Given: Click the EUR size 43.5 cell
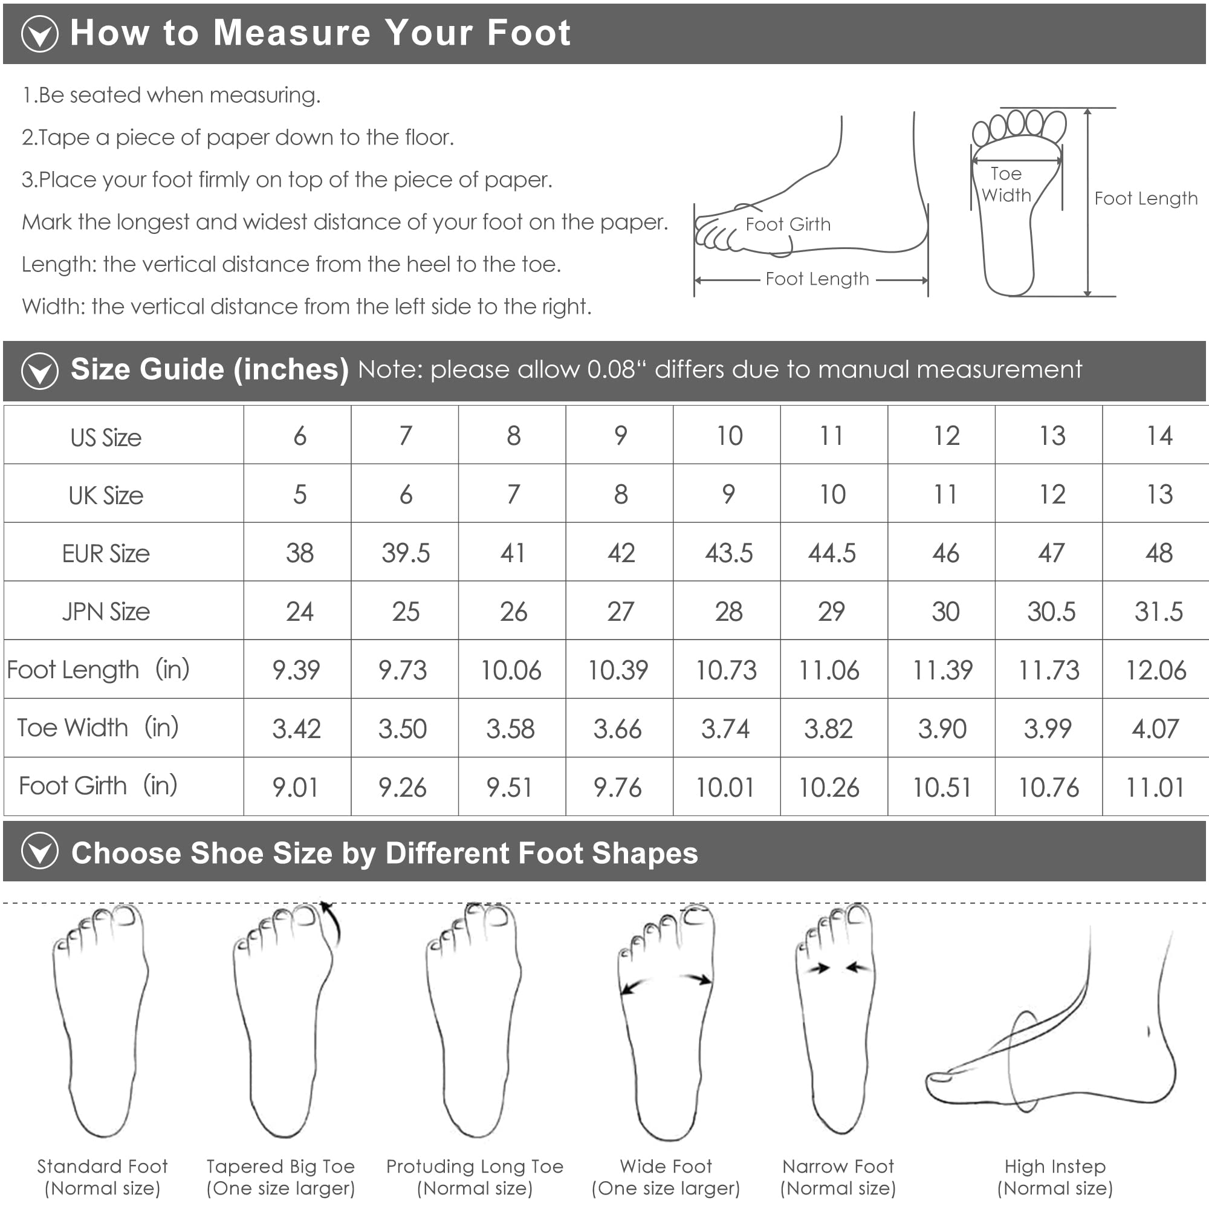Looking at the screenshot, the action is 728,553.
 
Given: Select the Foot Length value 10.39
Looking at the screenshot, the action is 618,670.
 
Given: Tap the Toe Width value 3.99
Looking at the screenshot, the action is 1048,728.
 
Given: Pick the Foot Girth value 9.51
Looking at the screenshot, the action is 510,787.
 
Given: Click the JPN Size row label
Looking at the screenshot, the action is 106,611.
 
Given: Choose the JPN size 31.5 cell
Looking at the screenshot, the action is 1158,611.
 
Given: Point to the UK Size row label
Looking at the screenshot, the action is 106,495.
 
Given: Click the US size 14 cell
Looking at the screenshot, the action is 1159,435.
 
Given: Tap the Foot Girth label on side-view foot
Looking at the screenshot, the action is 788,224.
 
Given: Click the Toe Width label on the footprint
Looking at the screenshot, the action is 1006,184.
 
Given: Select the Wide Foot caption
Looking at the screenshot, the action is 666,1177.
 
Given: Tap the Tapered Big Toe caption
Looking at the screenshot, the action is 281,1177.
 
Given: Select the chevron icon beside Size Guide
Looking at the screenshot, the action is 39,371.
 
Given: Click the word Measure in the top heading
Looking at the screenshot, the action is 291,33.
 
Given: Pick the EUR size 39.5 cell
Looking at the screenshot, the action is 406,553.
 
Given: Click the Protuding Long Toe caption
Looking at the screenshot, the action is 475,1177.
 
